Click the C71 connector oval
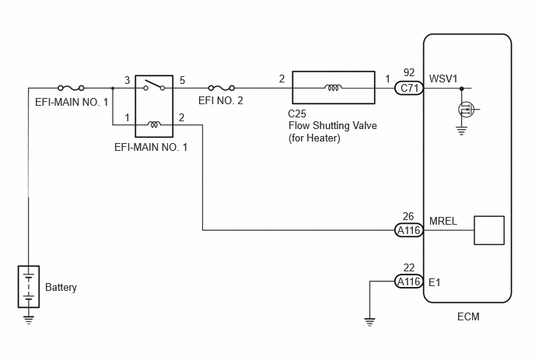(x=409, y=89)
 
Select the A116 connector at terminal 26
(x=409, y=230)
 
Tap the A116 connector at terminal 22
(x=409, y=281)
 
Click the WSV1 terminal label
(x=443, y=79)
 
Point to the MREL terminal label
(x=443, y=221)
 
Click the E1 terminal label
(x=435, y=282)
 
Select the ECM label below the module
(x=468, y=316)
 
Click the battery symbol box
(x=29, y=287)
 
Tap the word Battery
(x=61, y=288)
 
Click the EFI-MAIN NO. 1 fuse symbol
(x=71, y=88)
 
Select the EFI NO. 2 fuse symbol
(x=222, y=88)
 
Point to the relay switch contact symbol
(x=154, y=86)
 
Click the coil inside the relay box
(x=154, y=124)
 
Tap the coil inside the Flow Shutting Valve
(x=334, y=88)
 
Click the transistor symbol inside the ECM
(x=466, y=110)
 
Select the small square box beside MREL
(x=489, y=230)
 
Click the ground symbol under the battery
(x=29, y=320)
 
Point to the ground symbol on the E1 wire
(x=369, y=322)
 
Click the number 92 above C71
(x=409, y=72)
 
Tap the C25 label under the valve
(x=297, y=114)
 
